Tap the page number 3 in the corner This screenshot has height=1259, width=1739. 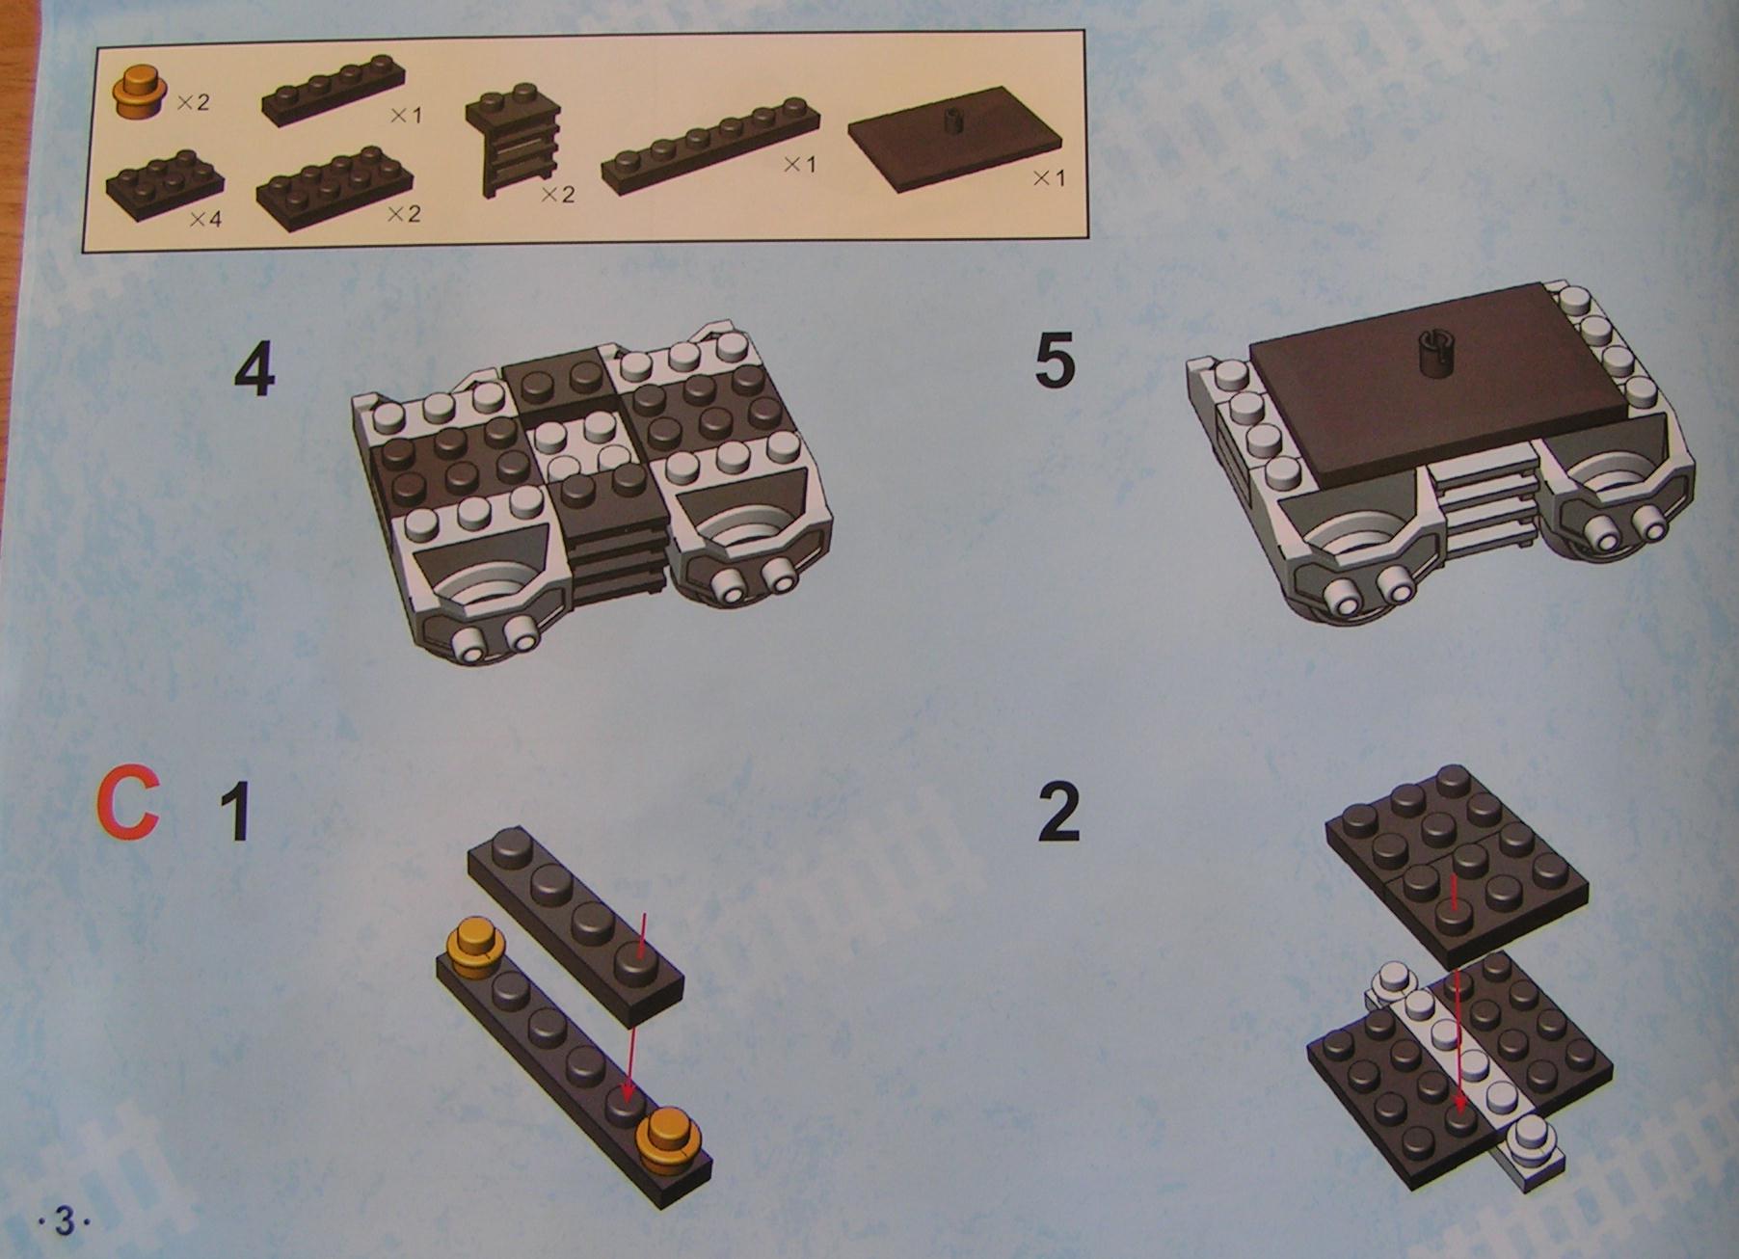(64, 1222)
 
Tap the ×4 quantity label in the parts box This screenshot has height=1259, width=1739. (205, 220)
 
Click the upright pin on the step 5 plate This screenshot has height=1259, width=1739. (1434, 353)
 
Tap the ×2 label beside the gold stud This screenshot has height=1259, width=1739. (193, 101)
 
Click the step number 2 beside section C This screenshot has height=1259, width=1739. (1058, 812)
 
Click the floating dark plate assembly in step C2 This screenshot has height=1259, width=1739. (1456, 868)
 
